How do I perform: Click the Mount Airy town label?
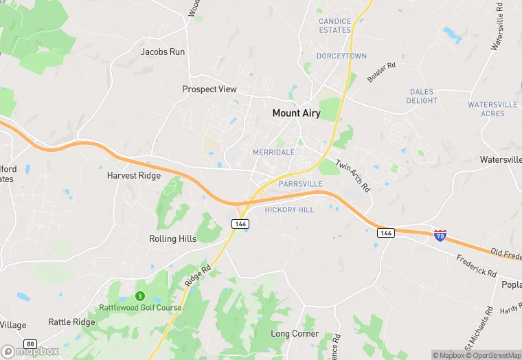tap(296, 113)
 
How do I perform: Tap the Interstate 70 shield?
tap(440, 236)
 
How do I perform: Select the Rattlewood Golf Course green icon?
tap(141, 296)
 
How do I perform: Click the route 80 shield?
tap(30, 343)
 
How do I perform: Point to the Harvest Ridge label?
tap(133, 176)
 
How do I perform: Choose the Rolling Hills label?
tap(172, 239)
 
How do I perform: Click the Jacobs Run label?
tap(163, 52)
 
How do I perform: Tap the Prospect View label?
tap(209, 89)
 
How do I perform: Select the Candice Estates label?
tap(334, 26)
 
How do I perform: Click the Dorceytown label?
tap(341, 56)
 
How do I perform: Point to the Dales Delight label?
tap(422, 96)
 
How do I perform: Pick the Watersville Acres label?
tap(492, 109)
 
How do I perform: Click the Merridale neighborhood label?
tap(273, 152)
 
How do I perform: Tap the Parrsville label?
tap(301, 184)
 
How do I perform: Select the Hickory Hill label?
tap(289, 210)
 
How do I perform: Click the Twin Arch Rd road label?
tap(353, 175)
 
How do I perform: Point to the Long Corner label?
tap(295, 334)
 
